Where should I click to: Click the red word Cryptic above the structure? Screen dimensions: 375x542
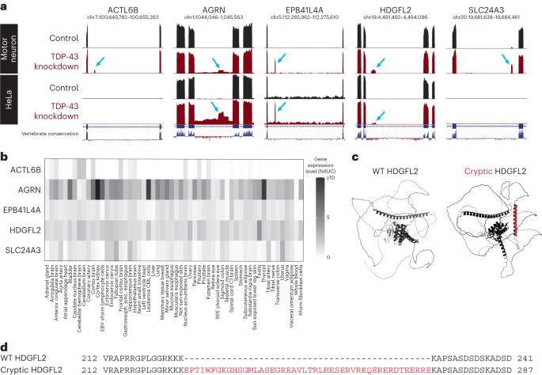(x=460, y=171)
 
